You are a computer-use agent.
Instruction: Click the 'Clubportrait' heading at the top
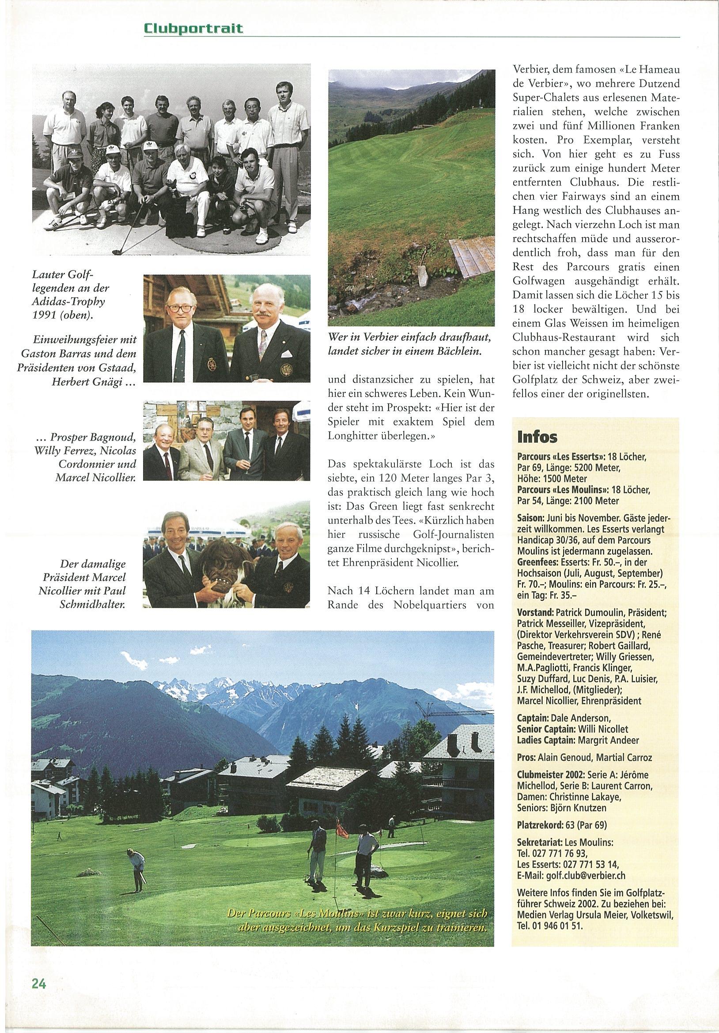click(x=193, y=29)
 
